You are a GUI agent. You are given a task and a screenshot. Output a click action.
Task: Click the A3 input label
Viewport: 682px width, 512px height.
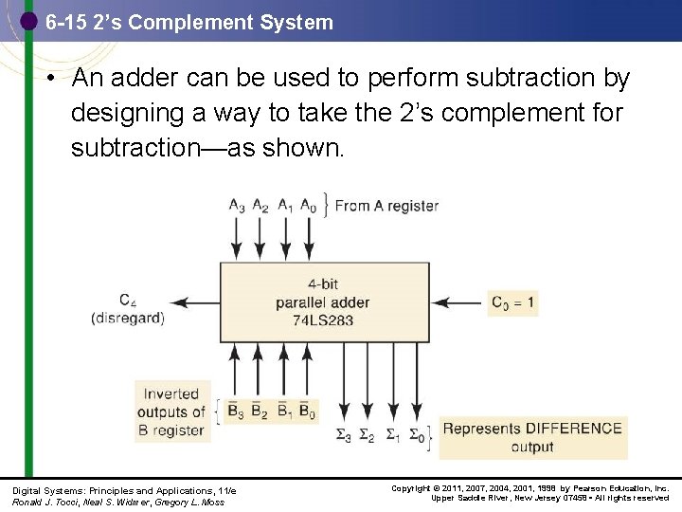pyautogui.click(x=236, y=205)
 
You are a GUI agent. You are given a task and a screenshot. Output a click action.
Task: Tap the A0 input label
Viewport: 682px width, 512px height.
pyautogui.click(x=309, y=205)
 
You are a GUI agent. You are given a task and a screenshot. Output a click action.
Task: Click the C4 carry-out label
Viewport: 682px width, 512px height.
pyautogui.click(x=127, y=301)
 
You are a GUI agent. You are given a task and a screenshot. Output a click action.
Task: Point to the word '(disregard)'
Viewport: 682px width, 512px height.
pyautogui.click(x=128, y=319)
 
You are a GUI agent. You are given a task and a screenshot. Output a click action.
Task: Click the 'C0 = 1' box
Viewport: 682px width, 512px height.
pyautogui.click(x=512, y=303)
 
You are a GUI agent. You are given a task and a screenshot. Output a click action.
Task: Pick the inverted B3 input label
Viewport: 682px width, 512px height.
pyautogui.click(x=235, y=411)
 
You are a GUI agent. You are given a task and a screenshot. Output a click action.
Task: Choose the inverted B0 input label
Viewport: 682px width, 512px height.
pyautogui.click(x=307, y=411)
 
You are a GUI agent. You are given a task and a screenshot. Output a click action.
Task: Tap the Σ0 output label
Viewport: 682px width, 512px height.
pyautogui.click(x=417, y=436)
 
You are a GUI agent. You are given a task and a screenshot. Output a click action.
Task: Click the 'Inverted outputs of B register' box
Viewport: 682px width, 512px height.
pyautogui.click(x=171, y=411)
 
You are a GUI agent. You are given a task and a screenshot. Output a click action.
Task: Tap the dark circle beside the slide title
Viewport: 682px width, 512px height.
pyautogui.click(x=28, y=20)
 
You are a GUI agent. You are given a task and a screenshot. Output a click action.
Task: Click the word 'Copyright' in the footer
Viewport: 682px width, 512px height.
pyautogui.click(x=409, y=488)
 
